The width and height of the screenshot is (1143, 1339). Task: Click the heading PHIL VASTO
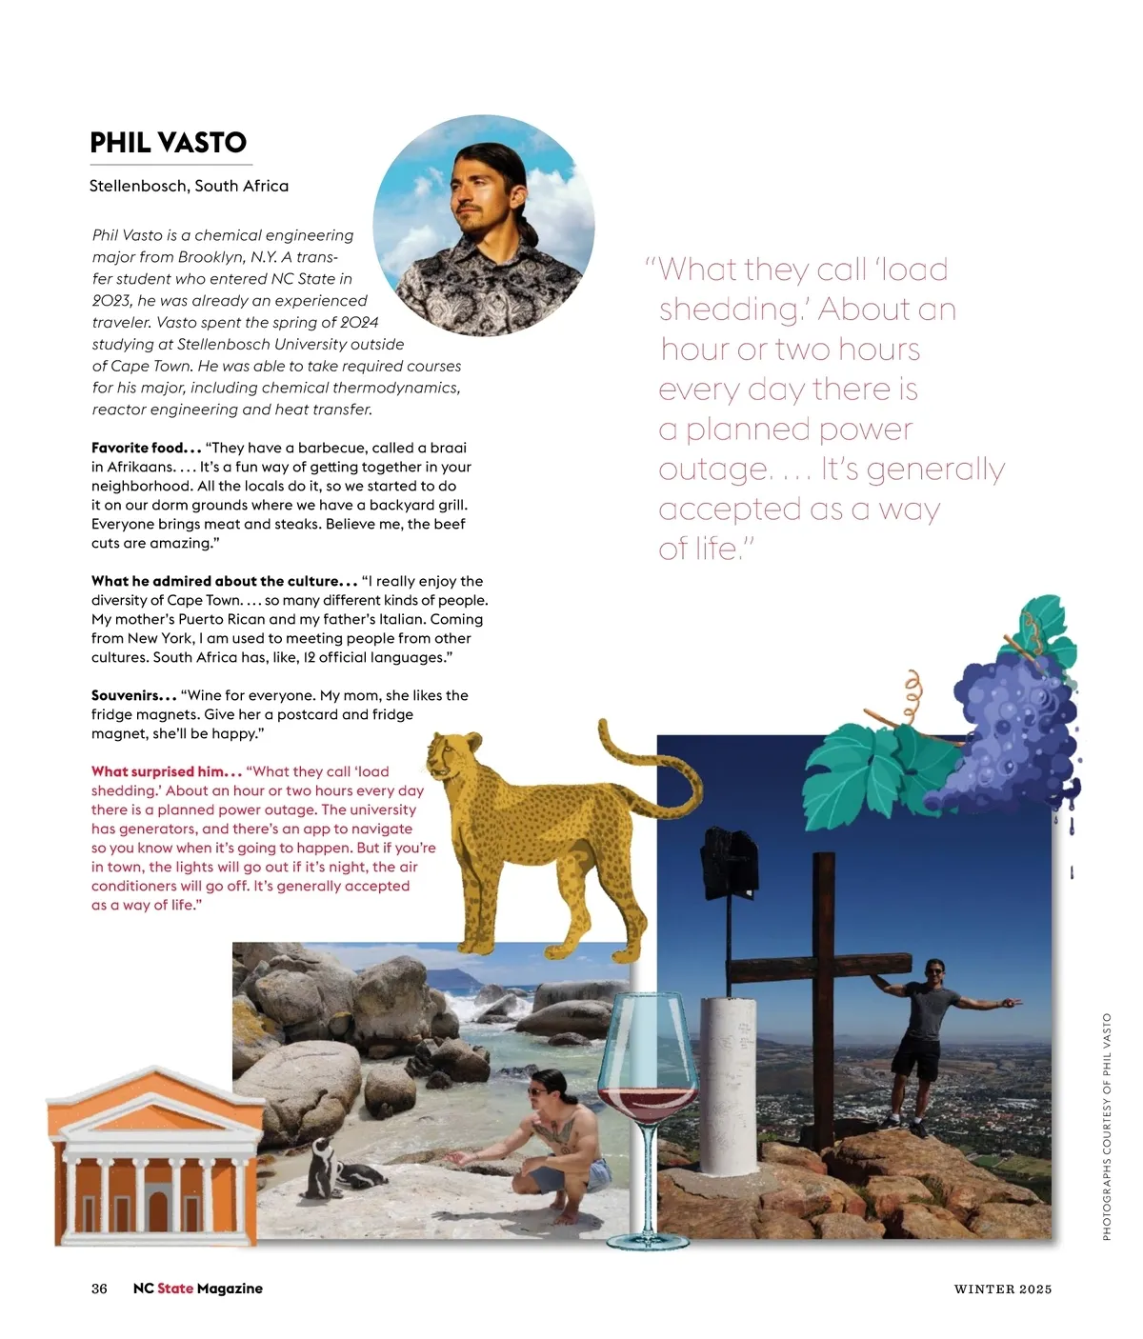pyautogui.click(x=168, y=143)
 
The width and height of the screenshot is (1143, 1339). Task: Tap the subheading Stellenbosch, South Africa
pyautogui.click(x=189, y=186)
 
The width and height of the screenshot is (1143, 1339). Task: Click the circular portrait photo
pyautogui.click(x=484, y=226)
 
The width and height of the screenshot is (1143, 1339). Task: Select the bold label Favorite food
pyautogui.click(x=146, y=448)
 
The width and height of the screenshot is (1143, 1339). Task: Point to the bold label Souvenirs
pyautogui.click(x=133, y=695)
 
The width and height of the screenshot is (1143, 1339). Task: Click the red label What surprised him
pyautogui.click(x=166, y=771)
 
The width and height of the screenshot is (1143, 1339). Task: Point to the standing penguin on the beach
pyautogui.click(x=320, y=1168)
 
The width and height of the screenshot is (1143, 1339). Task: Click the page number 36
pyautogui.click(x=99, y=1289)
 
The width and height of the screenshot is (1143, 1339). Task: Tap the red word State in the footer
pyautogui.click(x=175, y=1289)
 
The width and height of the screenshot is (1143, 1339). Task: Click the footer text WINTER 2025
pyautogui.click(x=1003, y=1289)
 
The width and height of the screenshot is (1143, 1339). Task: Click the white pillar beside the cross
pyautogui.click(x=729, y=1086)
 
